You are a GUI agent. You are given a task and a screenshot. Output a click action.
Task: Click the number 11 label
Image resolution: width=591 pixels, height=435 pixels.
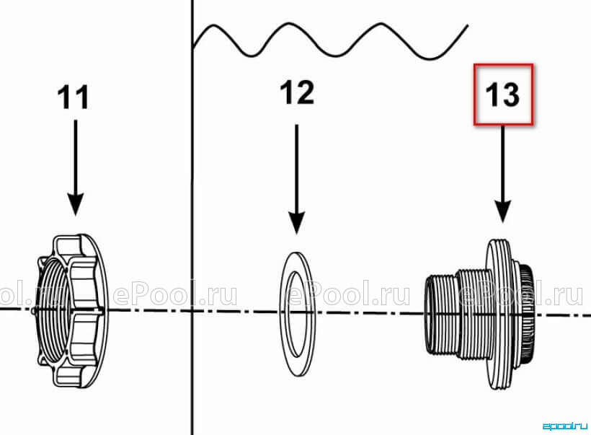click(x=73, y=97)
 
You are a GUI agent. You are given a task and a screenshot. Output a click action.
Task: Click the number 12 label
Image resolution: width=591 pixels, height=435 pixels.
click(x=298, y=92)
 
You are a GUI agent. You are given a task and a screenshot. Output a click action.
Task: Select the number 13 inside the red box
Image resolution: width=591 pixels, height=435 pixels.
click(x=503, y=95)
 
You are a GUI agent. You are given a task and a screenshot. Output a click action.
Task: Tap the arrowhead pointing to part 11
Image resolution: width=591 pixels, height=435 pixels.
click(x=76, y=203)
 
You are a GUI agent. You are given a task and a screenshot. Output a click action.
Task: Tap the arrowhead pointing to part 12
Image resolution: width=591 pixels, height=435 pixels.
click(x=297, y=223)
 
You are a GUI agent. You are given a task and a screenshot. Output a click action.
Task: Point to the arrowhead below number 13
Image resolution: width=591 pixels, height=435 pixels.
click(x=503, y=211)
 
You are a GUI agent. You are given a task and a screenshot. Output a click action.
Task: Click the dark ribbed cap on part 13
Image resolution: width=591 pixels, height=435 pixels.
click(x=527, y=314)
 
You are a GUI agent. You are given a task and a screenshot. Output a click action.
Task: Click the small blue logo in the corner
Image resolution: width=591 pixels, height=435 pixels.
click(x=564, y=426)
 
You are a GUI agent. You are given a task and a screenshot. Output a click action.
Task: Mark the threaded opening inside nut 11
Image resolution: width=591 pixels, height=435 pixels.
click(x=53, y=312)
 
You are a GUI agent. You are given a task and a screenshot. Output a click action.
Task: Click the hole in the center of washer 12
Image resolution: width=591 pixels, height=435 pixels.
click(x=297, y=314)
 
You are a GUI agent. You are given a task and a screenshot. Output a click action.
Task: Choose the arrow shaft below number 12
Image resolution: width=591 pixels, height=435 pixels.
click(x=297, y=168)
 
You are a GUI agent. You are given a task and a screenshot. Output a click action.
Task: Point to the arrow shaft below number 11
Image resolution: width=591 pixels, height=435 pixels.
click(x=76, y=157)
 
